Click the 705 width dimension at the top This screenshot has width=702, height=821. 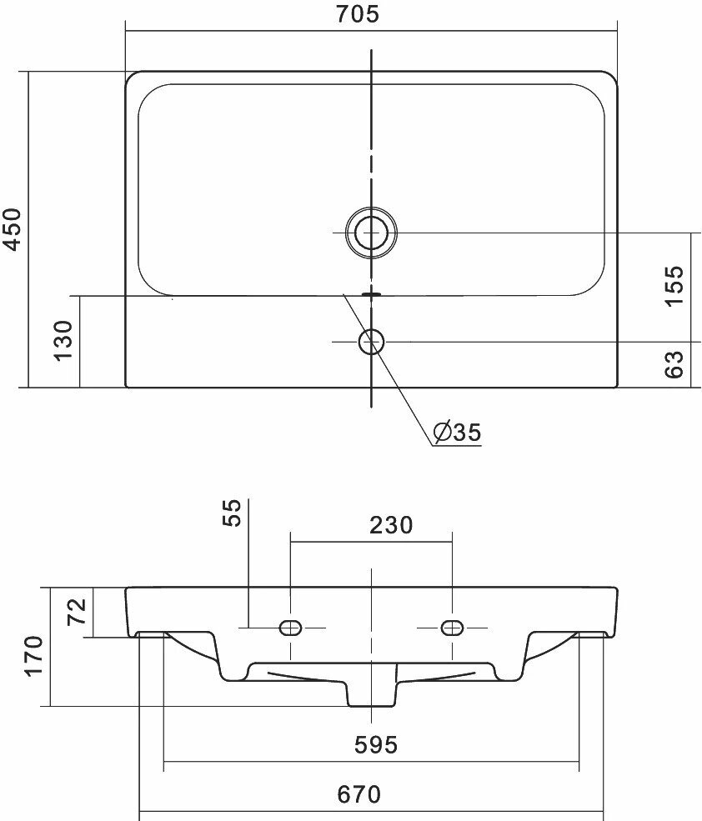pyautogui.click(x=358, y=14)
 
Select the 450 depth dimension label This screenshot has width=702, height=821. pyautogui.click(x=12, y=229)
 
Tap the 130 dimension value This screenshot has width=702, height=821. pyautogui.click(x=63, y=340)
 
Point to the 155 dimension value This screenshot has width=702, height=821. pyautogui.click(x=674, y=285)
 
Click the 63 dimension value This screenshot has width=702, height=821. pyautogui.click(x=674, y=364)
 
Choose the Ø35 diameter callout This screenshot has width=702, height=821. pyautogui.click(x=458, y=432)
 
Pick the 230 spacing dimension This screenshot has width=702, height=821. pyautogui.click(x=391, y=525)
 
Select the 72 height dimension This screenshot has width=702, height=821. pyautogui.click(x=77, y=612)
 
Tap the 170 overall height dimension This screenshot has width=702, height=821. pyautogui.click(x=33, y=656)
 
